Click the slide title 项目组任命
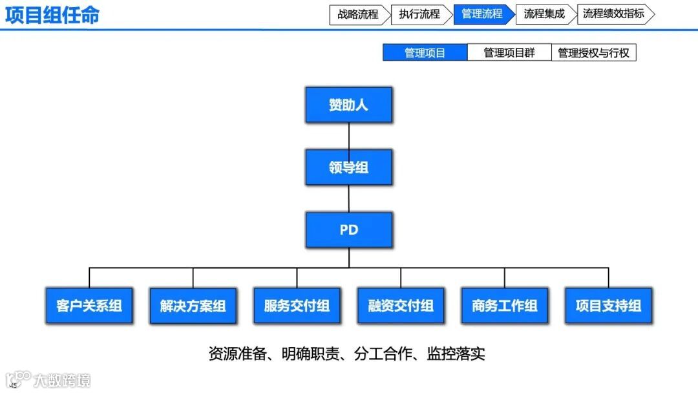52,15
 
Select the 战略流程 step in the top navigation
358,14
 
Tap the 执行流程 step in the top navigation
419,14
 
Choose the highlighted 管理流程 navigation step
482,14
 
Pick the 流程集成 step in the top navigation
544,14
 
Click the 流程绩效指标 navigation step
613,14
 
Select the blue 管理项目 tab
425,53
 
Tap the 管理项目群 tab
509,53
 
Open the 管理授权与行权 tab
593,53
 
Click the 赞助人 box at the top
348,105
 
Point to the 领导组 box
348,167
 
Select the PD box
348,229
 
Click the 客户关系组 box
89,306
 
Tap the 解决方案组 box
193,306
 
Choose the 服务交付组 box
297,306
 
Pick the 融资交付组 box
401,306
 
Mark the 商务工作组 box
505,306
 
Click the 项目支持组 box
608,306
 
